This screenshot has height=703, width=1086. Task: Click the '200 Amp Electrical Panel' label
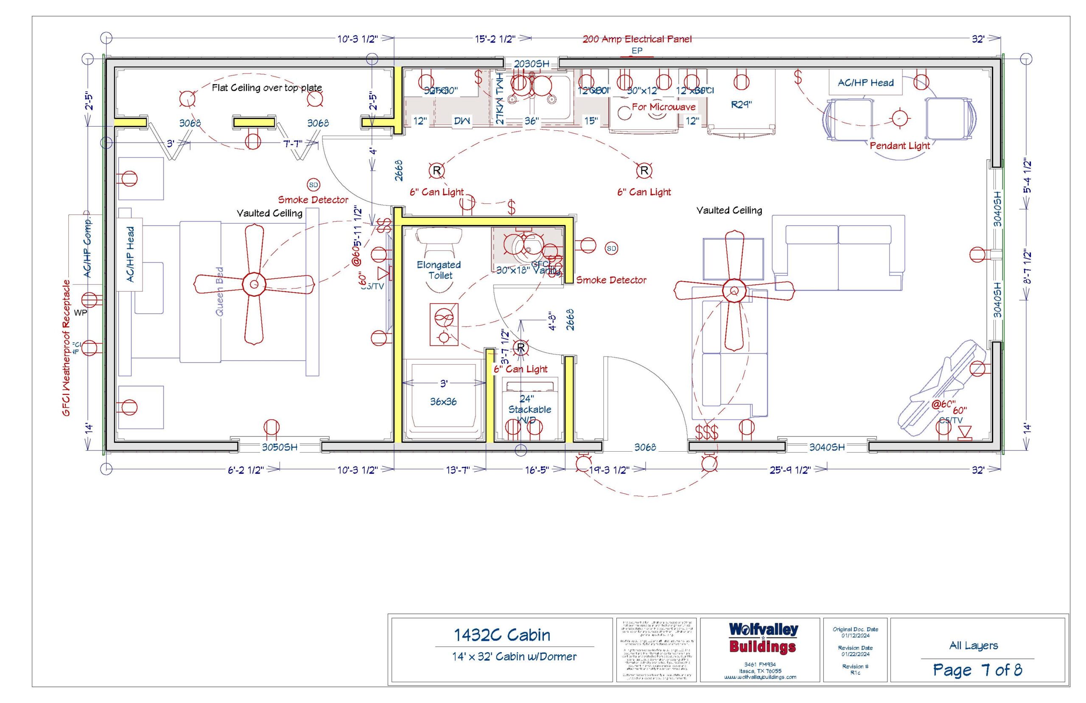pos(637,39)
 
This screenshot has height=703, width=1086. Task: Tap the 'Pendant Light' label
pos(899,146)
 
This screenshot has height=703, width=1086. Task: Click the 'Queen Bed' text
pos(219,291)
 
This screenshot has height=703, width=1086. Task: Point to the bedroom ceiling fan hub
pos(254,284)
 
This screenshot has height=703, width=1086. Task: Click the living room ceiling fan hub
pos(734,290)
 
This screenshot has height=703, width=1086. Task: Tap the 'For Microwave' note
pos(663,107)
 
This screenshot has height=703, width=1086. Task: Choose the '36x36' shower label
pos(443,402)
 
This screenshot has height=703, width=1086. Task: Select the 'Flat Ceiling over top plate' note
pos(267,87)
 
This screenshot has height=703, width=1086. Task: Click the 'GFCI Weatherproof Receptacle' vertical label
pos(67,348)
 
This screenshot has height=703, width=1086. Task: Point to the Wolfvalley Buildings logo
pos(763,638)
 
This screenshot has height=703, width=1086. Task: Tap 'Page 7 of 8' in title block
pos(977,670)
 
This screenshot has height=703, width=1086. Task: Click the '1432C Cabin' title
pos(502,635)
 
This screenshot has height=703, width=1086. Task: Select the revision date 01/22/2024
pos(855,654)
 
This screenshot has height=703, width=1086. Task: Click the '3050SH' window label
pos(279,447)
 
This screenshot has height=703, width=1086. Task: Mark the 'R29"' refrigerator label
pos(741,104)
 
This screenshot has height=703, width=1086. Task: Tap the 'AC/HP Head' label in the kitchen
pos(865,83)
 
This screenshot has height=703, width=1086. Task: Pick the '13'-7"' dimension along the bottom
pos(457,470)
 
